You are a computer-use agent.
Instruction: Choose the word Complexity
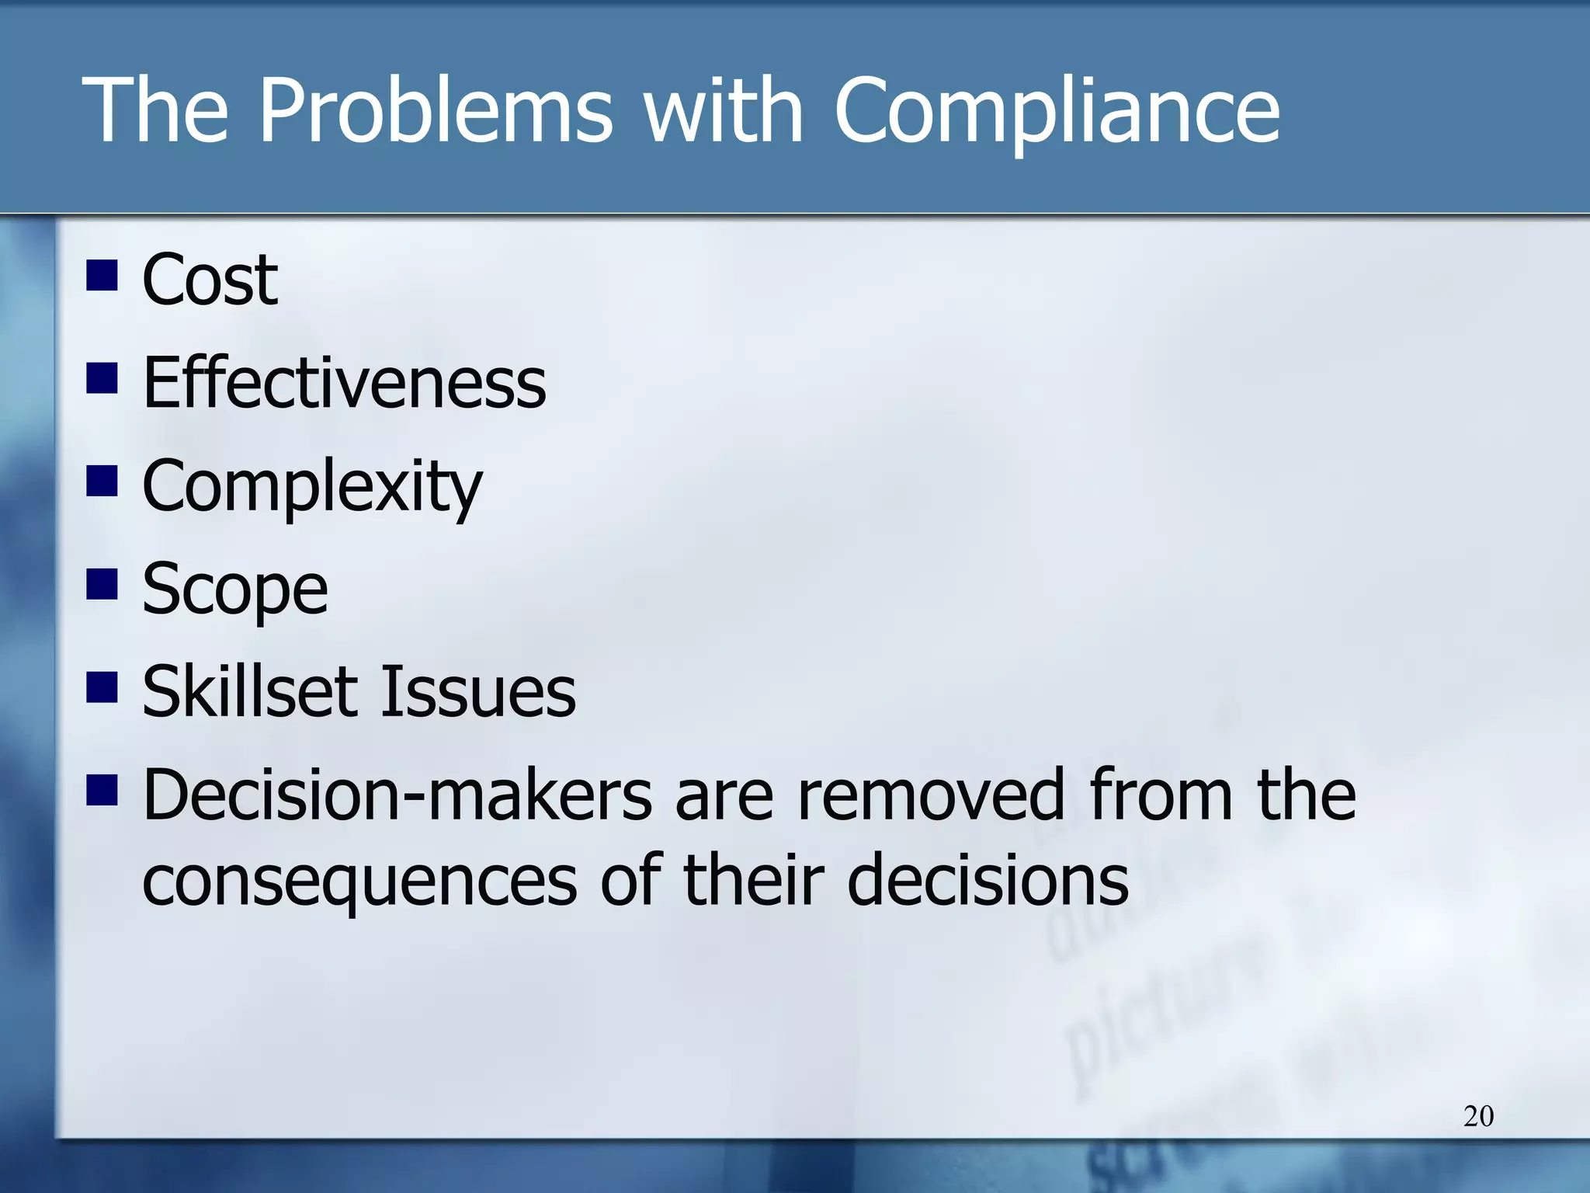pos(312,486)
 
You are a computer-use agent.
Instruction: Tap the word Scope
pos(235,590)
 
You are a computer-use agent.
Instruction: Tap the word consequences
pos(360,880)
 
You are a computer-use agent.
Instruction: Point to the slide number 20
pos(1478,1116)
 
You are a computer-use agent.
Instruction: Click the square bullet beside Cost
pos(102,275)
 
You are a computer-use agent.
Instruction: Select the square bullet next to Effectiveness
pos(102,378)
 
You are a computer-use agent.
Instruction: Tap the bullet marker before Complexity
pos(102,482)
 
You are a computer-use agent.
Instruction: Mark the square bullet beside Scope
pos(102,585)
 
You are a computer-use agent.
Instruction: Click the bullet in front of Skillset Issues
pos(102,687)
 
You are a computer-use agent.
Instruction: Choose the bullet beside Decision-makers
pos(102,791)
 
